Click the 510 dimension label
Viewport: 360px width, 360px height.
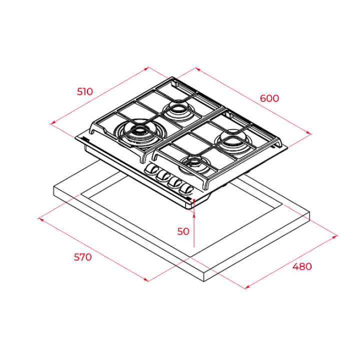point(84,91)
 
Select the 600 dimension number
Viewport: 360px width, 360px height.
point(269,98)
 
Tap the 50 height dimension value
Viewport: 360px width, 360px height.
point(183,231)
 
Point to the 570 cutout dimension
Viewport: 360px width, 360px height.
point(82,257)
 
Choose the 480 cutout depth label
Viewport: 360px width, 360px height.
point(302,266)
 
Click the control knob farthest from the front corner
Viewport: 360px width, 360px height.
point(151,170)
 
